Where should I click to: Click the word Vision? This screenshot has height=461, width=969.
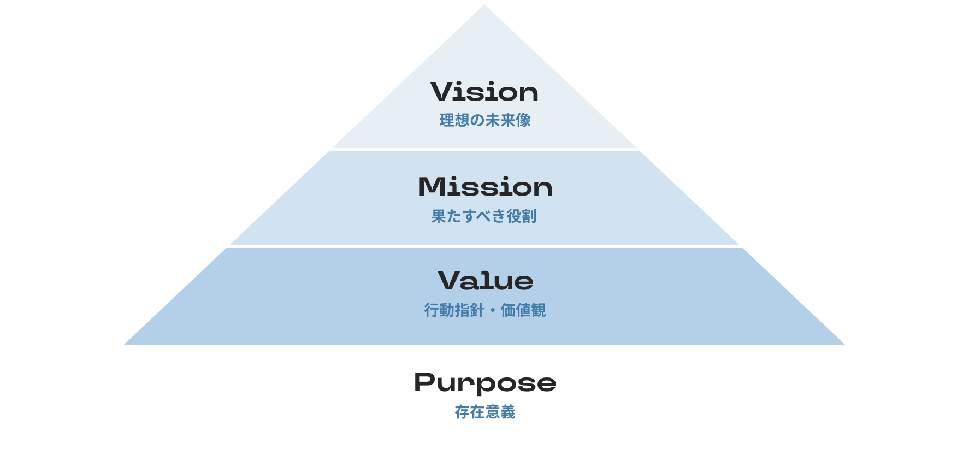click(484, 92)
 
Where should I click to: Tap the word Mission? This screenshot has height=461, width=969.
click(485, 187)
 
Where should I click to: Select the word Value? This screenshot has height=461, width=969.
click(485, 281)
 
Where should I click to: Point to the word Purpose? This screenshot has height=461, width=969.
click(485, 383)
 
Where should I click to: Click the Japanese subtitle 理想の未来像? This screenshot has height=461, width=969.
click(485, 120)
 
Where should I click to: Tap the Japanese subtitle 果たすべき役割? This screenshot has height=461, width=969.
click(484, 216)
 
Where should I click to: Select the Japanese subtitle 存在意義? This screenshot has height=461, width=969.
click(485, 412)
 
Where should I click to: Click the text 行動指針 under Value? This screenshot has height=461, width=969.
click(454, 310)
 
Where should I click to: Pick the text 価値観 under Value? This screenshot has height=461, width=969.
click(523, 310)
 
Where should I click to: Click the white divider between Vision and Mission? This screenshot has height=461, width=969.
click(484, 149)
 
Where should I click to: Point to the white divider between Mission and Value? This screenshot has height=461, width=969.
click(484, 246)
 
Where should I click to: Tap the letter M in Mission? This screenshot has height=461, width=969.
click(432, 187)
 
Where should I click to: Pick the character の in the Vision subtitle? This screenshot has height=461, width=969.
click(477, 120)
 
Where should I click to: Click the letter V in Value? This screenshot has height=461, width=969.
click(450, 281)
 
